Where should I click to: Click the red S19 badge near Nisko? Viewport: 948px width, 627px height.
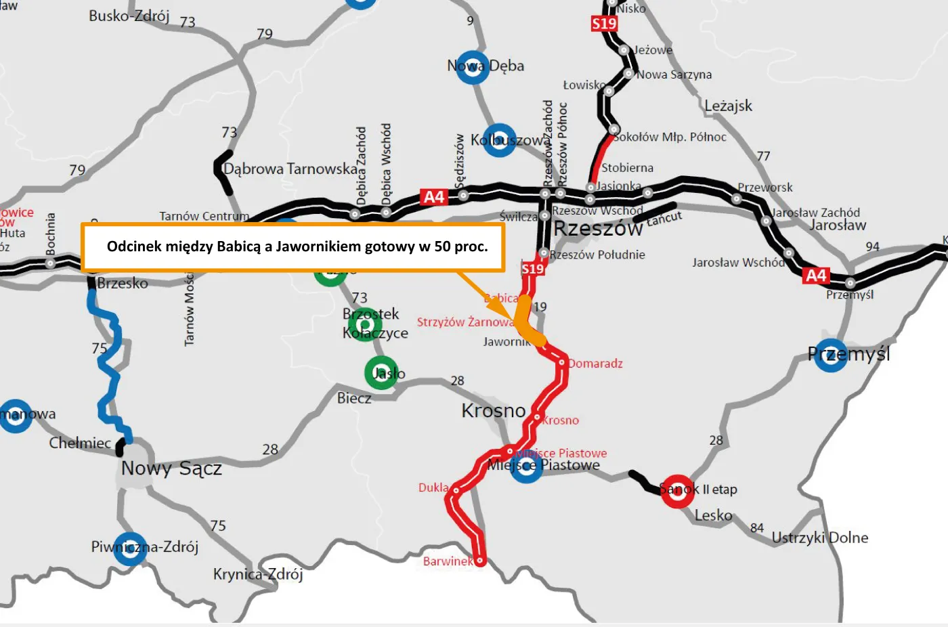[x=604, y=24]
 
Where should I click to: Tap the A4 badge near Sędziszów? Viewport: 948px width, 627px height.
[x=434, y=197]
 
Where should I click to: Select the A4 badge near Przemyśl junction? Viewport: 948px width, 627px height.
[x=816, y=275]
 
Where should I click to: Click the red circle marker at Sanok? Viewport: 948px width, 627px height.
[x=677, y=491]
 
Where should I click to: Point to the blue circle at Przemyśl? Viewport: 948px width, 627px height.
[x=830, y=355]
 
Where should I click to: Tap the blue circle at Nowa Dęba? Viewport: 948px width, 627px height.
[x=472, y=67]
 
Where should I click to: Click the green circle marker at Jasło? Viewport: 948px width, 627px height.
[x=381, y=372]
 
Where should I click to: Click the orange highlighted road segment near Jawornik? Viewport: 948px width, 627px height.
[x=525, y=321]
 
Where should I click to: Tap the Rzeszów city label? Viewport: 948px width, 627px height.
[x=598, y=229]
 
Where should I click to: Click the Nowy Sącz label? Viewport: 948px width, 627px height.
[x=171, y=468]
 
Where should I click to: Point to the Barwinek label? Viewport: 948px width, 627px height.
[x=448, y=561]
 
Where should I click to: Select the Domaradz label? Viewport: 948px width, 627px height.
[x=595, y=364]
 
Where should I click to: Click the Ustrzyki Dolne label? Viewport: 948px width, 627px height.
[x=820, y=538]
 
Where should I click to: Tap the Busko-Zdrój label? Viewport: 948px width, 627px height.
[x=129, y=16]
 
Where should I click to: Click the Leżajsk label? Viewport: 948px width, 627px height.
[x=728, y=106]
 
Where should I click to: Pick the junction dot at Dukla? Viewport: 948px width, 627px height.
[x=456, y=490]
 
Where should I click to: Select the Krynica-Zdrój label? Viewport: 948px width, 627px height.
[x=258, y=574]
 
